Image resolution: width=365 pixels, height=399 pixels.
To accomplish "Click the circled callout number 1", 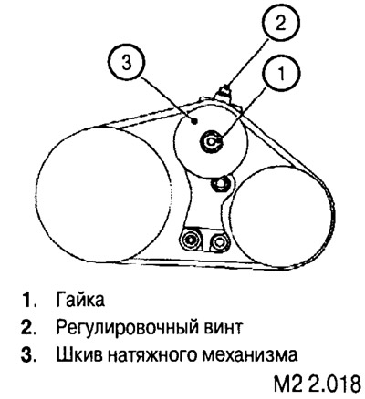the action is (x=282, y=74).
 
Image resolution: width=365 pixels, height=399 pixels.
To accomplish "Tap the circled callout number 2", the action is (x=280, y=23).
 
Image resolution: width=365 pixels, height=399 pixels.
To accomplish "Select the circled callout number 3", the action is (x=127, y=64).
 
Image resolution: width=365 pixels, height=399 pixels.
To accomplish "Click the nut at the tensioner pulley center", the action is (x=211, y=141).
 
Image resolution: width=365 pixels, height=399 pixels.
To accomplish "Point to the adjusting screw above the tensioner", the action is (x=224, y=92).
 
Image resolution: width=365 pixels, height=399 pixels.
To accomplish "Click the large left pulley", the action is (x=103, y=193).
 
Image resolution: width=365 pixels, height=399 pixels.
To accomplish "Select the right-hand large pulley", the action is (x=280, y=216).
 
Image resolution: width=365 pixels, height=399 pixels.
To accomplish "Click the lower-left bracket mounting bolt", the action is (x=191, y=240).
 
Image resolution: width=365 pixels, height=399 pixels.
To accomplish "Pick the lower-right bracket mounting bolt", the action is (x=218, y=241).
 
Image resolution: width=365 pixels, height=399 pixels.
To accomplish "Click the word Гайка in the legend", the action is (x=80, y=300).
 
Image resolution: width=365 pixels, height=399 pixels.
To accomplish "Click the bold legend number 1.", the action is (x=29, y=300).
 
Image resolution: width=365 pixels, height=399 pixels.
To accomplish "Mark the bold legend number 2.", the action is (x=29, y=327).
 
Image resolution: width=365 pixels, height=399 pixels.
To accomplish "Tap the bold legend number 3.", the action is (x=29, y=355).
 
